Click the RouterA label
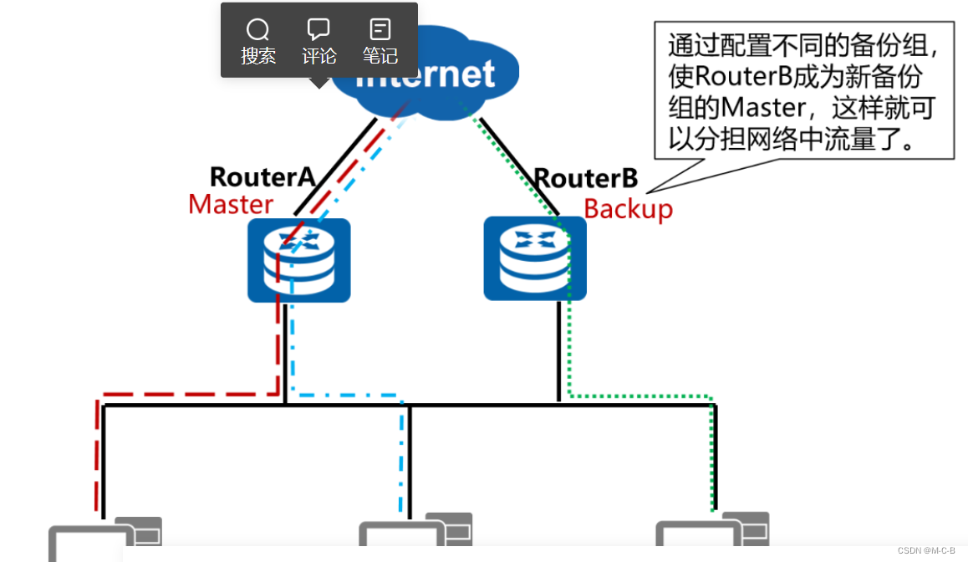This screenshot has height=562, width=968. pos(262,177)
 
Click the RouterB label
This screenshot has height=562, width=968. pos(585,178)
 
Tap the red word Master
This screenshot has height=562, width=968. pos(231,204)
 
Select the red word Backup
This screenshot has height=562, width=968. pos(628,208)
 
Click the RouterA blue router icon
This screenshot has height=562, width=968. pos(298,260)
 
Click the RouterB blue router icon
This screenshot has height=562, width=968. pos(535,258)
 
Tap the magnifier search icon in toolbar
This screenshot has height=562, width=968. pos(257,30)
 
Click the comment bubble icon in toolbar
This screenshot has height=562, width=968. pos(318,30)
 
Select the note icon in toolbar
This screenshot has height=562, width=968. pos(380,30)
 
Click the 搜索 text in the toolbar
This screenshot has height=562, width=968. pos(257,56)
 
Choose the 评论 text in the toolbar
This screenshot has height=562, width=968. pos(318,56)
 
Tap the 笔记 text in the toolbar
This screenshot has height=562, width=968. pos(380,56)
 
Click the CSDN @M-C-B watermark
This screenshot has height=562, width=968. pos(925,550)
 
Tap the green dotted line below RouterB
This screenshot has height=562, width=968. pos(569,351)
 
